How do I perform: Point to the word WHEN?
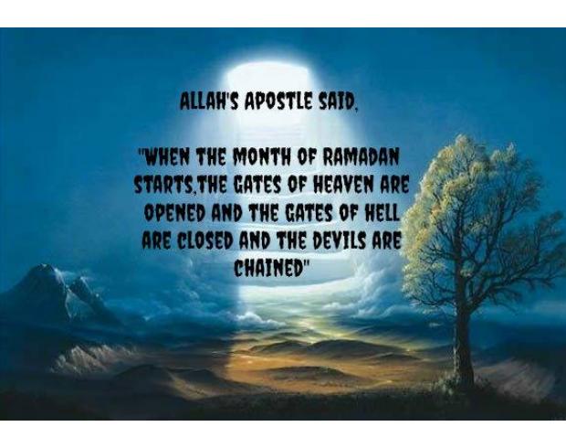coord(167,157)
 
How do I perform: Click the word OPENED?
coord(174,213)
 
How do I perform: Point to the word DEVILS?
coord(341,240)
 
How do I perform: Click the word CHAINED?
coord(267,268)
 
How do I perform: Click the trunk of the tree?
coord(463,347)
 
